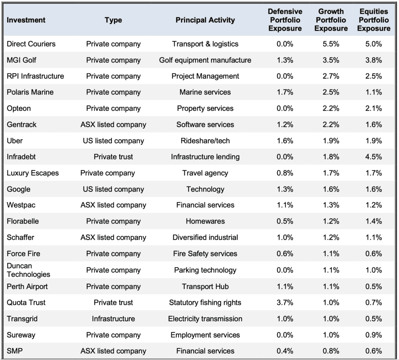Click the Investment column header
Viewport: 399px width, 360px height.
(x=26, y=20)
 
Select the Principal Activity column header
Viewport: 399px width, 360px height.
(x=205, y=20)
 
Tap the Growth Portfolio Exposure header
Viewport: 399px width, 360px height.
(x=331, y=20)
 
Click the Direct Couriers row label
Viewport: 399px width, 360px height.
(x=31, y=44)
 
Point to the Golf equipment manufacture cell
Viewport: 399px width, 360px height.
(x=205, y=60)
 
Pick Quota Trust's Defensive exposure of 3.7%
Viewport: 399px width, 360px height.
(x=285, y=302)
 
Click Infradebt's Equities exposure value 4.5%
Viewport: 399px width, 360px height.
(x=374, y=157)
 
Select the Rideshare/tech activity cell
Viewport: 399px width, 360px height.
(x=205, y=141)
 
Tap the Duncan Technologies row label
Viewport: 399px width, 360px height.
(x=28, y=270)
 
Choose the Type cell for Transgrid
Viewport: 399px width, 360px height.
(x=113, y=319)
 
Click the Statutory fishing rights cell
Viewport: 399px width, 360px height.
(x=205, y=302)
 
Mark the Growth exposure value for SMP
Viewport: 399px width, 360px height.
(x=331, y=351)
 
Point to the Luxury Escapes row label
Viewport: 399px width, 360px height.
(x=33, y=173)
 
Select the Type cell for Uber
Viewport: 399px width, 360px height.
(x=113, y=141)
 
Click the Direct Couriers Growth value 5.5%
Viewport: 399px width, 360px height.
(x=331, y=44)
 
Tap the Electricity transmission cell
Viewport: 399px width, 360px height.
(x=205, y=319)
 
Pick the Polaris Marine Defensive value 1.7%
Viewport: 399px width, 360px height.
(x=285, y=92)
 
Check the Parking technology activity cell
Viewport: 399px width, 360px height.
(x=205, y=270)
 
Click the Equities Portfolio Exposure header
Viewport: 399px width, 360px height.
(x=374, y=20)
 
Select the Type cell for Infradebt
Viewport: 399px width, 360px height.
(x=113, y=157)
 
